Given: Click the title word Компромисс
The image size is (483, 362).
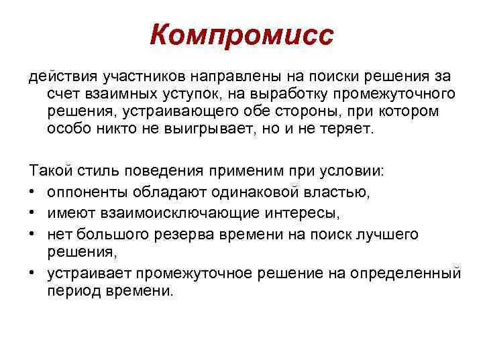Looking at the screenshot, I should (241, 36).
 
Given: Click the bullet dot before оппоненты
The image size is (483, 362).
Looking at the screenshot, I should (33, 194).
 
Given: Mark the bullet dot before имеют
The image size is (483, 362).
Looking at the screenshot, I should (33, 213).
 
